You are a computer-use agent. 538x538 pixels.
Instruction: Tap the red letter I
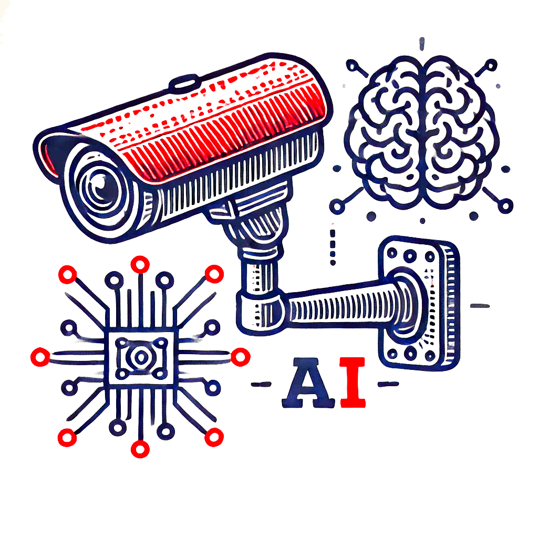(353, 382)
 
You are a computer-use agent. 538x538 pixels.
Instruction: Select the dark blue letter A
(308, 383)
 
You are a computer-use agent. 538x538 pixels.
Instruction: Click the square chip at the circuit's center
(141, 358)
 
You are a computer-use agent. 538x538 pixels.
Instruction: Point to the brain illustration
(422, 132)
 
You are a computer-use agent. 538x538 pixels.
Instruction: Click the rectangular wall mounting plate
(419, 304)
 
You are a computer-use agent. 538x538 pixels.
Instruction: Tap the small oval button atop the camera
(184, 82)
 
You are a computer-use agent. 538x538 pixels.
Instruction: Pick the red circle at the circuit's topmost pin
(140, 265)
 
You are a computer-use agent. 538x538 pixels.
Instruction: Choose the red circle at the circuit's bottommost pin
(140, 449)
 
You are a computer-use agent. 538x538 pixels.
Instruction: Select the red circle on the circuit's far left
(40, 357)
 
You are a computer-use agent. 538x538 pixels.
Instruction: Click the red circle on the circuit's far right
(240, 357)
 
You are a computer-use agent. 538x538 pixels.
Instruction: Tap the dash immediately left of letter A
(261, 384)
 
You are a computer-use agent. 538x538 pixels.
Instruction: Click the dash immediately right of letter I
(388, 384)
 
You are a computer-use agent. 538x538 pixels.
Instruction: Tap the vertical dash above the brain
(422, 44)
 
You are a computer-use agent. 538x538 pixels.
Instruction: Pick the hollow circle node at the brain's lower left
(337, 206)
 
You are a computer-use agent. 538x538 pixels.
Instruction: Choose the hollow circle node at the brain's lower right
(506, 206)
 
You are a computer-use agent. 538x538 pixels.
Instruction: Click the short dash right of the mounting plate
(480, 305)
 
